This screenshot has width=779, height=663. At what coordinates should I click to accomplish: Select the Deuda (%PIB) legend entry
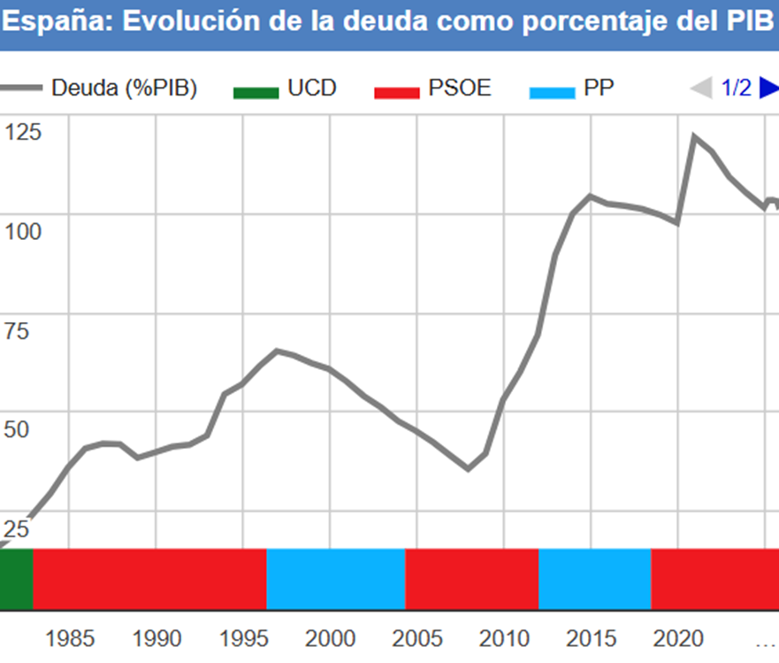pyautogui.click(x=124, y=89)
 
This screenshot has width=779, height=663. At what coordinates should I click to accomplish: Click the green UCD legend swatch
pyautogui.click(x=256, y=90)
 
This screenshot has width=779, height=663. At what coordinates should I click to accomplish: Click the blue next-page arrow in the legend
pyautogui.click(x=768, y=89)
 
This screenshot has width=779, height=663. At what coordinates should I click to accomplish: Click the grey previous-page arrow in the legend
pyautogui.click(x=701, y=89)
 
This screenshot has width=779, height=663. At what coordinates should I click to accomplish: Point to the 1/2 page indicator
pyautogui.click(x=736, y=89)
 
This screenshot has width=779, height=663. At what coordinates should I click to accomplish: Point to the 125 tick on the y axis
pyautogui.click(x=23, y=133)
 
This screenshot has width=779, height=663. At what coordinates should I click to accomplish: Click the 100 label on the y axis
pyautogui.click(x=23, y=232)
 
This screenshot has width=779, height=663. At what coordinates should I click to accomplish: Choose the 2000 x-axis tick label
pyautogui.click(x=330, y=638)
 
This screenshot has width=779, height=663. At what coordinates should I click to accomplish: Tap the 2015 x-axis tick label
pyautogui.click(x=591, y=638)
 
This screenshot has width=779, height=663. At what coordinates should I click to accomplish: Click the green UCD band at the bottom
pyautogui.click(x=15, y=579)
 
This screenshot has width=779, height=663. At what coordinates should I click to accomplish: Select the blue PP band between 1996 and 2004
pyautogui.click(x=336, y=579)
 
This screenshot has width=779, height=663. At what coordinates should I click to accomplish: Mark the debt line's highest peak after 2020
pyautogui.click(x=694, y=136)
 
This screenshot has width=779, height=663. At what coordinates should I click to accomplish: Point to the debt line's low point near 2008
pyautogui.click(x=469, y=468)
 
